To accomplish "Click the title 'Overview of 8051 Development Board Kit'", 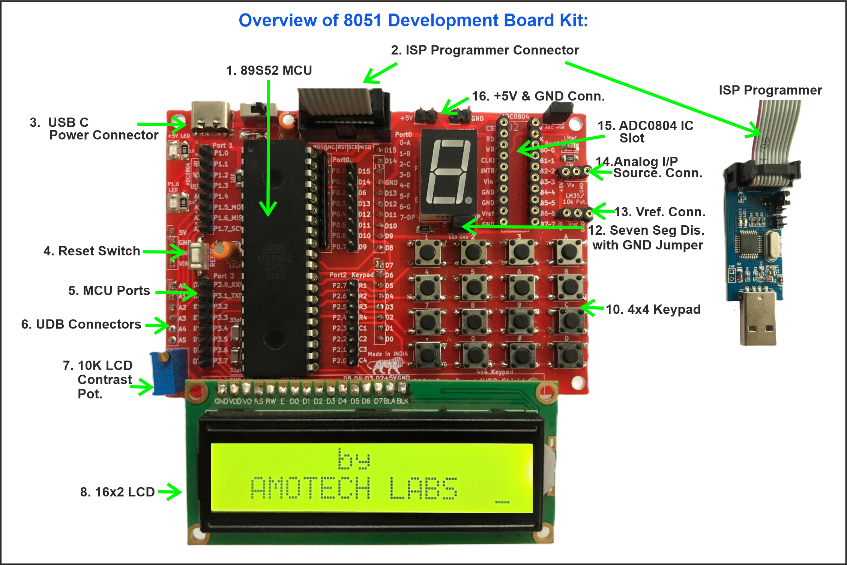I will pyautogui.click(x=413, y=21).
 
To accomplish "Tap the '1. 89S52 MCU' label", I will pyautogui.click(x=269, y=70).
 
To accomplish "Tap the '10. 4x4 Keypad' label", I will pyautogui.click(x=653, y=310).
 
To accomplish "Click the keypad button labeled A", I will pyautogui.click(x=569, y=251).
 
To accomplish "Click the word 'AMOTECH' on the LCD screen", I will pyautogui.click(x=311, y=488).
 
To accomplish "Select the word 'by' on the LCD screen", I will pyautogui.click(x=353, y=459).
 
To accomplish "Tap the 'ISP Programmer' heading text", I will pyautogui.click(x=770, y=90).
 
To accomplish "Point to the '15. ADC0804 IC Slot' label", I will pyautogui.click(x=645, y=132).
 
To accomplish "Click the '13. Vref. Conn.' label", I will pyautogui.click(x=660, y=212).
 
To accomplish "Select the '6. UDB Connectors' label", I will pyautogui.click(x=81, y=324).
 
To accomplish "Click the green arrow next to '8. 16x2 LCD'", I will pyautogui.click(x=170, y=492).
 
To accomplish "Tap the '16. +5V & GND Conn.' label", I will pyautogui.click(x=538, y=96).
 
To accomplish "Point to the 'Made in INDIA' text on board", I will pyautogui.click(x=387, y=354).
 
